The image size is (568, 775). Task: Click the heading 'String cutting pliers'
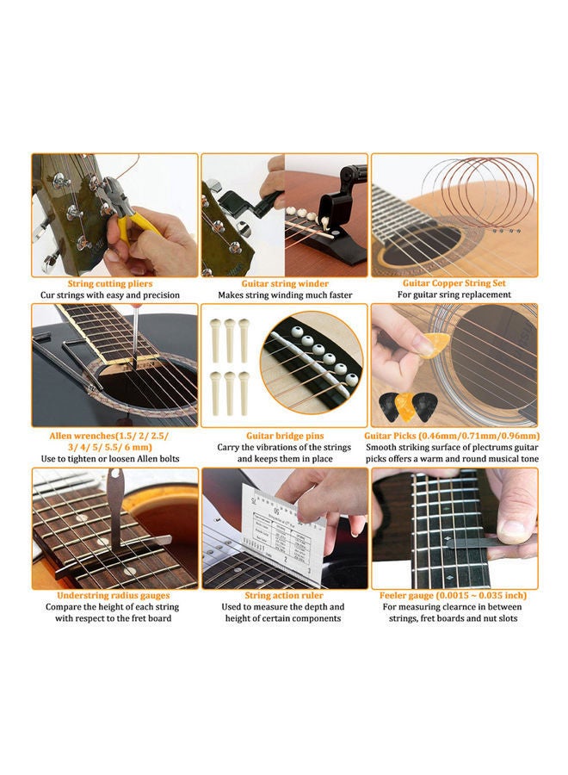coord(110,283)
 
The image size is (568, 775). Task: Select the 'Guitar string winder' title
coord(286,283)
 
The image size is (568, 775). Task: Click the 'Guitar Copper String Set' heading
coord(454,283)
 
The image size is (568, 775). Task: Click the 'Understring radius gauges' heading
coord(114,595)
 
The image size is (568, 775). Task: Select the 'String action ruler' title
coord(286,595)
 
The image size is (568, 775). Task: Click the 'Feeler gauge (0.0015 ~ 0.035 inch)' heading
coord(454,595)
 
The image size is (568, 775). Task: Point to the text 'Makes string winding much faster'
coord(286,295)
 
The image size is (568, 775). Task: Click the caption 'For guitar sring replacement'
coord(454,295)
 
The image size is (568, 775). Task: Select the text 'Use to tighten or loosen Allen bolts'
coord(111,459)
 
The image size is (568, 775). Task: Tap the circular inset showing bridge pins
coord(312,366)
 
